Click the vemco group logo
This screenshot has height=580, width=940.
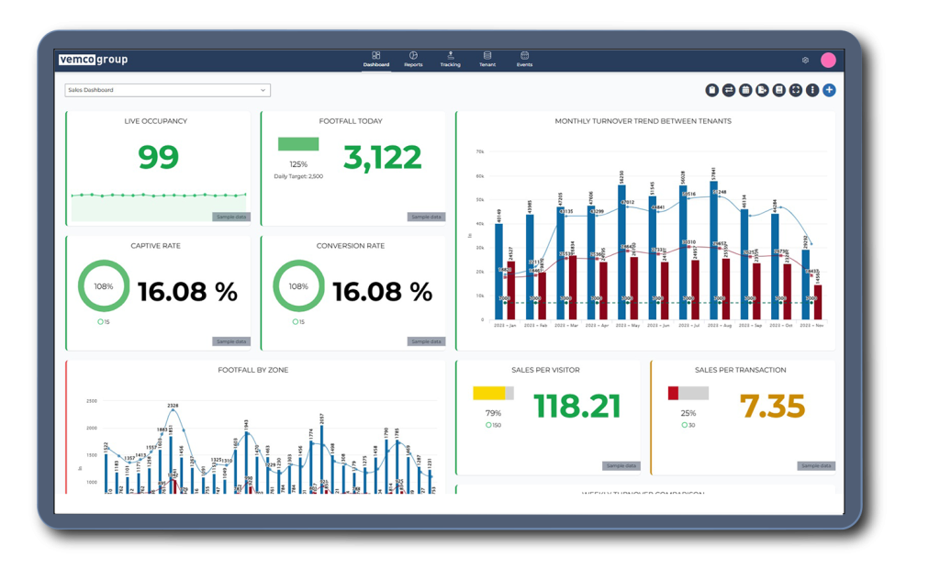tap(93, 60)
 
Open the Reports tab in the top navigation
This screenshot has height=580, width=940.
tap(413, 60)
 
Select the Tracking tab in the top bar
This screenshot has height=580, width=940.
tap(450, 60)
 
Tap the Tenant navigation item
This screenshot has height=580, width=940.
tap(487, 60)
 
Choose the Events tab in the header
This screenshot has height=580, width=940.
tap(524, 60)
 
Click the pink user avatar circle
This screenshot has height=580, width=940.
tap(828, 60)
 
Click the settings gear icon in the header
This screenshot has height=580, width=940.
tap(805, 61)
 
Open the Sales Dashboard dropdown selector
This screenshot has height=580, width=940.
tap(167, 90)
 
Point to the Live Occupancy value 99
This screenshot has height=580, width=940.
tap(158, 158)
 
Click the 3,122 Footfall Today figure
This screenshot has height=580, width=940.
tap(382, 158)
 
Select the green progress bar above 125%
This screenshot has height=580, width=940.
tap(298, 144)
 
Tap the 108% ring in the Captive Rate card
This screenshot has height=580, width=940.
tap(104, 286)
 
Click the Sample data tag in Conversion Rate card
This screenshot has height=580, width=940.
tap(426, 341)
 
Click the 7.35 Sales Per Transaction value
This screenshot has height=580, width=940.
tap(772, 406)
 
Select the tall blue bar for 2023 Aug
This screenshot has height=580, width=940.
tap(713, 248)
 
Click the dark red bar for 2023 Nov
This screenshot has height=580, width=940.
tap(818, 302)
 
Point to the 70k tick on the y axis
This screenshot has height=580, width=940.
tap(478, 151)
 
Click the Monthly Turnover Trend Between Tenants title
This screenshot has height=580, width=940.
tap(643, 121)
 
